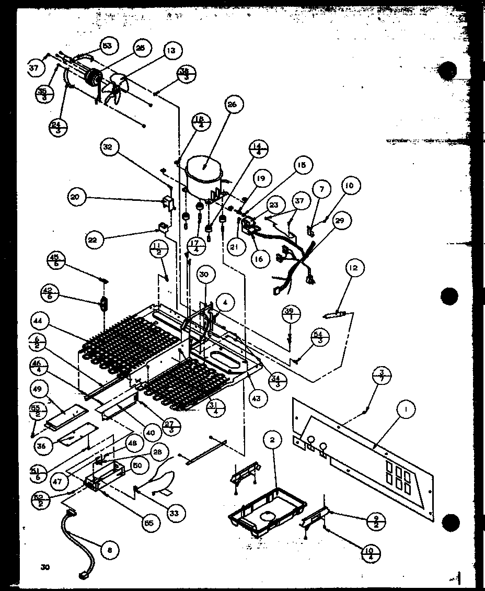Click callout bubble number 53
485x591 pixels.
pos(107,46)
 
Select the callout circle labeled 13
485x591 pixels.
pos(171,51)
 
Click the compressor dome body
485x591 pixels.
pos(203,175)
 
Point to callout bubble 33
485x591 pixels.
pos(174,513)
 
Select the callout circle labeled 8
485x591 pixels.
pos(109,550)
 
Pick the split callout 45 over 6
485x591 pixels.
pos(54,259)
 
